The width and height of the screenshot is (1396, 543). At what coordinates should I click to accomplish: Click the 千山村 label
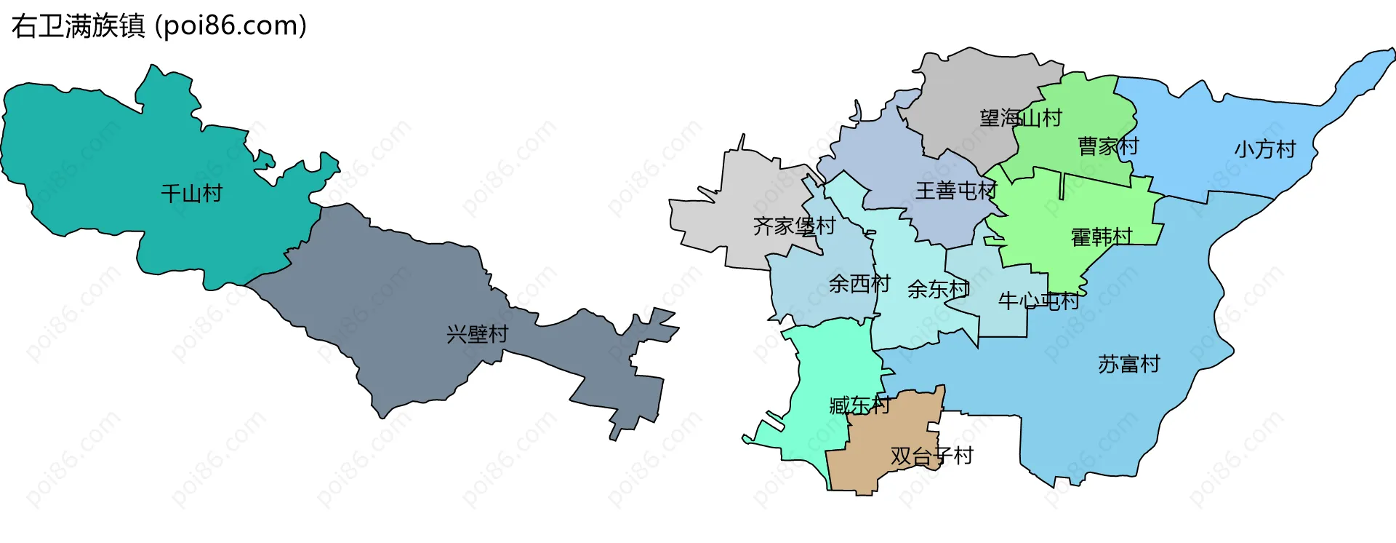click(x=191, y=194)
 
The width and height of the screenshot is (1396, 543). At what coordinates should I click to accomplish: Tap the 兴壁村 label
click(x=477, y=335)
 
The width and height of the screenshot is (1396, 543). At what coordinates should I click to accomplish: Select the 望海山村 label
click(x=1021, y=118)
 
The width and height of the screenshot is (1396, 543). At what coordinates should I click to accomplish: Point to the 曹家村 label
click(x=1108, y=146)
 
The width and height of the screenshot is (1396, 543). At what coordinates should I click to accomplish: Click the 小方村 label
click(x=1265, y=149)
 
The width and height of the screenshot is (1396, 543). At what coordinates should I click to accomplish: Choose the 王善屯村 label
click(x=955, y=191)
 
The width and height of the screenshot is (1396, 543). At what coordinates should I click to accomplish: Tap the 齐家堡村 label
click(x=794, y=226)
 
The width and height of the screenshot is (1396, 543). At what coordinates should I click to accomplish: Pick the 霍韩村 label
click(x=1102, y=237)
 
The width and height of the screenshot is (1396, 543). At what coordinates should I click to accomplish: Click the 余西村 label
click(x=859, y=284)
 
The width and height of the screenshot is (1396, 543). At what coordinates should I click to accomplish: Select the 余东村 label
click(x=938, y=290)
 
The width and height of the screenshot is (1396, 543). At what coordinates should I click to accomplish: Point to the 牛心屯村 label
click(x=1038, y=301)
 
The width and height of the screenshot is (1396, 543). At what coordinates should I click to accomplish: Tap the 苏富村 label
click(x=1129, y=364)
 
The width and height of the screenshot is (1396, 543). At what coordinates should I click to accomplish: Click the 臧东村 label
click(x=859, y=405)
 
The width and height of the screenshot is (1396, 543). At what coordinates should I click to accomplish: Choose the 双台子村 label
click(x=931, y=456)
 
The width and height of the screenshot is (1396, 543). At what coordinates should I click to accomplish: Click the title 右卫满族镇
click(x=79, y=26)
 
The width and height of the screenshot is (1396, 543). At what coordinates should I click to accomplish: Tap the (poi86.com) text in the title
click(x=231, y=26)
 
